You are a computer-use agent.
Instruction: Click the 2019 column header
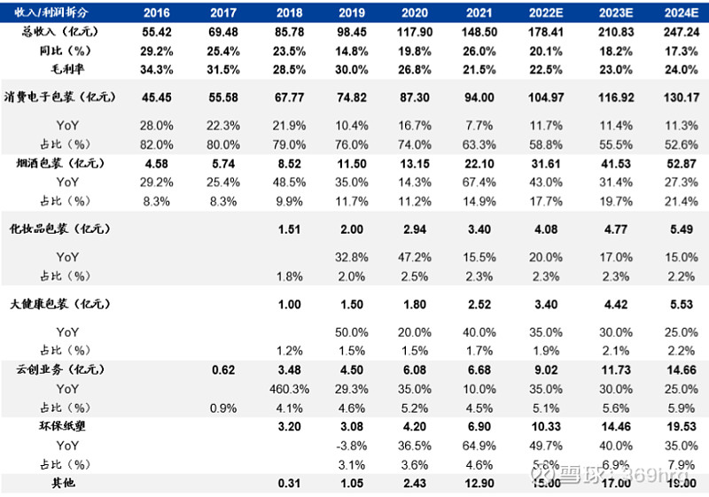pyautogui.click(x=353, y=12)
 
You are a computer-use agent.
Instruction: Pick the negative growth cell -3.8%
pyautogui.click(x=353, y=445)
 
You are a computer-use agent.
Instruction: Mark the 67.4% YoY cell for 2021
pyautogui.click(x=479, y=182)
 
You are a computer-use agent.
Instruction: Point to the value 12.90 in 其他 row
pyautogui.click(x=479, y=482)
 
